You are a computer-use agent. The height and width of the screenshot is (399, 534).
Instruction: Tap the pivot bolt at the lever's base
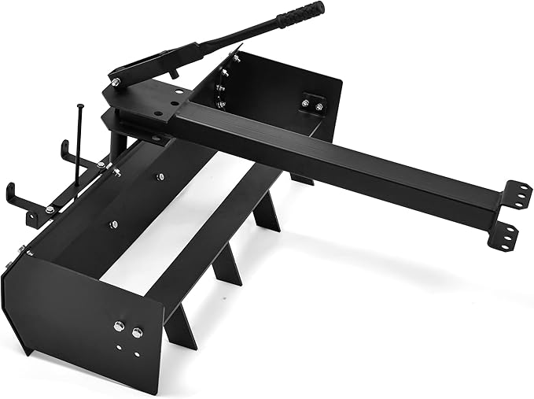[x=116, y=82]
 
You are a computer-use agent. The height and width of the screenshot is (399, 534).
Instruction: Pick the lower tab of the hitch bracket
[x=507, y=234]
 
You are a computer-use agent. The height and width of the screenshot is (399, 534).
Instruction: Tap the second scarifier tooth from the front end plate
[x=229, y=268]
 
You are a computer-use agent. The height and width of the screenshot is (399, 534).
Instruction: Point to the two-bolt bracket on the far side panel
[x=312, y=102]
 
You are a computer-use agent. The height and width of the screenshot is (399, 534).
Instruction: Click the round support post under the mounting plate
[x=115, y=142]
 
